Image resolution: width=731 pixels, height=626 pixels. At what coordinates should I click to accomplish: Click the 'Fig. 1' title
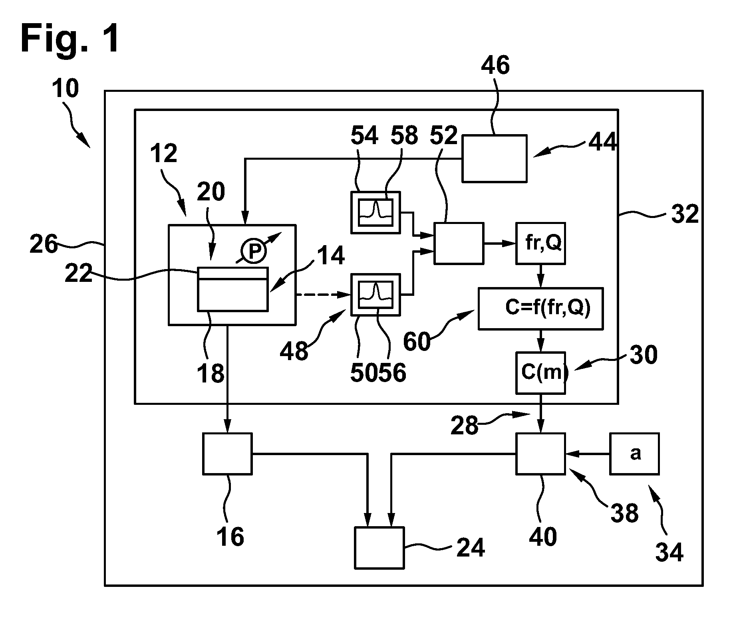pos(70,39)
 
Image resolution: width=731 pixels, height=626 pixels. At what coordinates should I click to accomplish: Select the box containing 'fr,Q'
pos(540,243)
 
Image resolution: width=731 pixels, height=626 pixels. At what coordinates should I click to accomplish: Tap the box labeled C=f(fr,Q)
pos(540,308)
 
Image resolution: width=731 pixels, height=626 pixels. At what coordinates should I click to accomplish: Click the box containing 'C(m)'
pos(540,373)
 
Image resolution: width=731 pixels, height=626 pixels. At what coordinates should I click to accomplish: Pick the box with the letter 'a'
pos(634,454)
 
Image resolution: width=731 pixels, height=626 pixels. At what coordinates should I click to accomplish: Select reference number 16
pos(230,537)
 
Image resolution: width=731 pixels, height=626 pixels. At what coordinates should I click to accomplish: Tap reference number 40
pos(543,537)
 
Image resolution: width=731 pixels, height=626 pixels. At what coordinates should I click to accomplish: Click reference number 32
pos(684,214)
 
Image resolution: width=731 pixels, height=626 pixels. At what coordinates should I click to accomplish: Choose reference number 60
pos(417,342)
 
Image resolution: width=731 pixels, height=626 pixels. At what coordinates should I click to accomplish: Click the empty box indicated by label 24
pos(379,547)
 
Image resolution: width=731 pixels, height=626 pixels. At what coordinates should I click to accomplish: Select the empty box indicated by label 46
pos(494,158)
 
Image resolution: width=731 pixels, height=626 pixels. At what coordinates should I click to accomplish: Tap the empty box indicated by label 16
pos(227,454)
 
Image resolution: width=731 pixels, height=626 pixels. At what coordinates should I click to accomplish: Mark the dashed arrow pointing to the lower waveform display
pos(323,295)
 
